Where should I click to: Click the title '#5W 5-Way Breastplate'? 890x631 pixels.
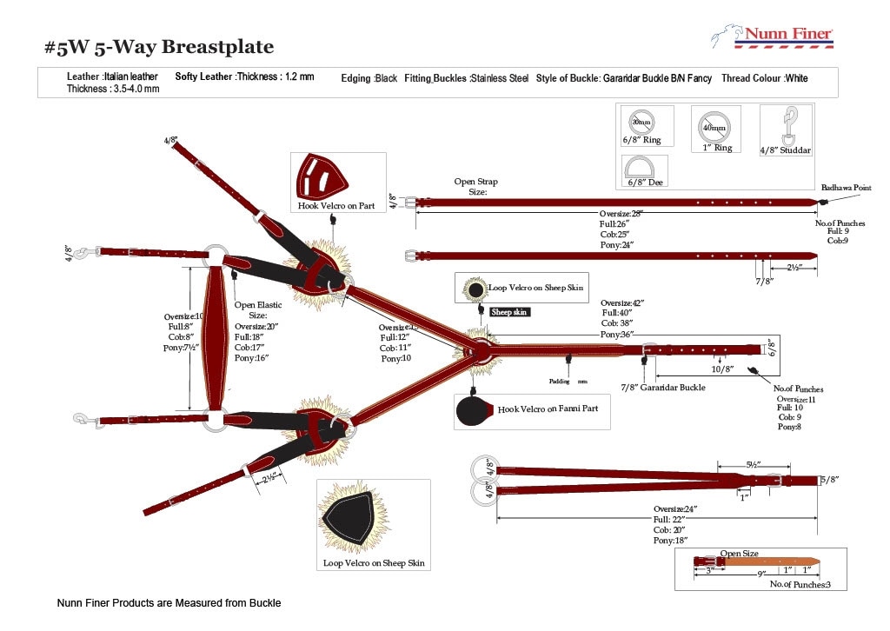(159, 47)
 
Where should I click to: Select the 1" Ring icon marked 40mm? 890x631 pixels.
(716, 128)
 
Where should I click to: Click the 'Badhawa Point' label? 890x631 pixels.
(846, 188)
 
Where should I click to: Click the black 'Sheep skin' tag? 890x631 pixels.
(509, 311)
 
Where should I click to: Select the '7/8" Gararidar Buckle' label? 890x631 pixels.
(662, 387)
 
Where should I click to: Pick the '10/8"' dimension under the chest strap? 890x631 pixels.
(722, 369)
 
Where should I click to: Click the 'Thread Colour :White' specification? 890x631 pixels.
(764, 78)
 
